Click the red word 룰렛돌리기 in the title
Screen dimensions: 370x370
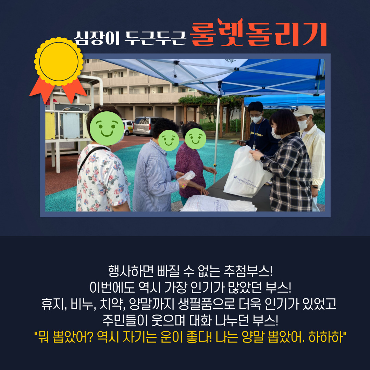point(258,33)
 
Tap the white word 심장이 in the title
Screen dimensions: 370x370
point(97,38)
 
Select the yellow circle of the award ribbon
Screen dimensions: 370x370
point(59,62)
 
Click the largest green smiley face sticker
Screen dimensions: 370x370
point(107,128)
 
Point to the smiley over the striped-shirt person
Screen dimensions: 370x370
point(169,140)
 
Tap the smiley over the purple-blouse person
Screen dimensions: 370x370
point(195,138)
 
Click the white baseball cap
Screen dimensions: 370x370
point(303,111)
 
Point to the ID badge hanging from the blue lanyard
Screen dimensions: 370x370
point(254,147)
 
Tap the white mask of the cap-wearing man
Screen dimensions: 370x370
point(303,124)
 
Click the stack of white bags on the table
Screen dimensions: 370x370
point(218,203)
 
